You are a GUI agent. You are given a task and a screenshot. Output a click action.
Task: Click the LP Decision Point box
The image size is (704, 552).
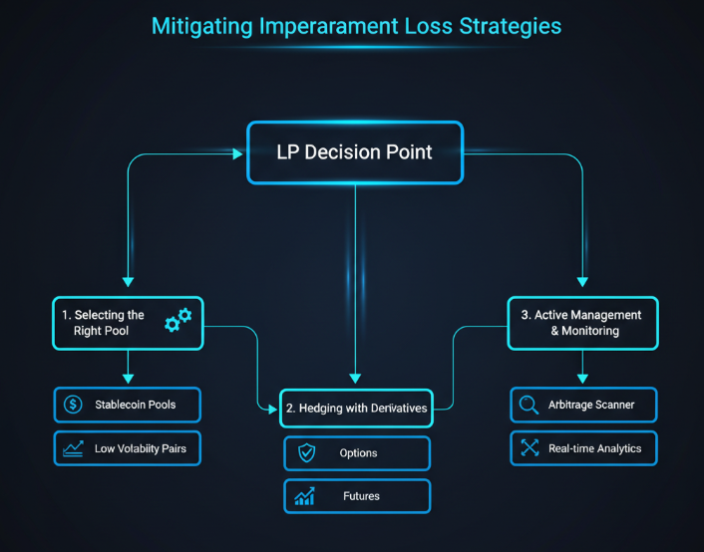pyautogui.click(x=355, y=152)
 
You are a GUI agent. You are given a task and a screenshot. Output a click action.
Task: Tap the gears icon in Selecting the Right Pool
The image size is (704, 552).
pyautogui.click(x=178, y=319)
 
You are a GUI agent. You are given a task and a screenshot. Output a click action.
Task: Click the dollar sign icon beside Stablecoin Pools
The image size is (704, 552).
pyautogui.click(x=72, y=405)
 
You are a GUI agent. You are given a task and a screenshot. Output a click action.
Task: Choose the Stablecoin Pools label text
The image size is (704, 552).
pyautogui.click(x=135, y=405)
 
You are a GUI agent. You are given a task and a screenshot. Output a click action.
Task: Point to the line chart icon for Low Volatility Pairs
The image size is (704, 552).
pyautogui.click(x=72, y=448)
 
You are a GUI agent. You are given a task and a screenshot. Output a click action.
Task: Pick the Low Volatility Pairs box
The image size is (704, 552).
pyautogui.click(x=127, y=448)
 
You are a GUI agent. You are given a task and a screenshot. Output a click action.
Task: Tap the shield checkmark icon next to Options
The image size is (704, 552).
pyautogui.click(x=306, y=453)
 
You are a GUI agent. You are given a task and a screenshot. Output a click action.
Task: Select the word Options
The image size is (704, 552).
pyautogui.click(x=359, y=453)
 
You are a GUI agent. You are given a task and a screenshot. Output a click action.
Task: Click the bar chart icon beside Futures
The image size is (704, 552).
pyautogui.click(x=305, y=496)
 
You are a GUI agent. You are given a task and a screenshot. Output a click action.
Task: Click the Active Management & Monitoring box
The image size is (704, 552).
pyautogui.click(x=581, y=323)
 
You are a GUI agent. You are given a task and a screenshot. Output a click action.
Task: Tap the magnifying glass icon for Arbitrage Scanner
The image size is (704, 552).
pyautogui.click(x=529, y=405)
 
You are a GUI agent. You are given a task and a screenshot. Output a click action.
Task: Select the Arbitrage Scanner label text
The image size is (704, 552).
pyautogui.click(x=591, y=405)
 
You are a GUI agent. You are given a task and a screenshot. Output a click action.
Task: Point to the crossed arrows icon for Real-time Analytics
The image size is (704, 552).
pyautogui.click(x=529, y=448)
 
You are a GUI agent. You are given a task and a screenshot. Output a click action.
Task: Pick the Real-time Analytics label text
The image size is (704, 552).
pyautogui.click(x=594, y=448)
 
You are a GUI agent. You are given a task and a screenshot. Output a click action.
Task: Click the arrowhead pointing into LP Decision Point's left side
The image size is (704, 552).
pyautogui.click(x=238, y=153)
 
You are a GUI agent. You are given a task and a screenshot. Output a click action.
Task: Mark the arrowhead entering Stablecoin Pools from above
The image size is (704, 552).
pyautogui.click(x=128, y=379)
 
